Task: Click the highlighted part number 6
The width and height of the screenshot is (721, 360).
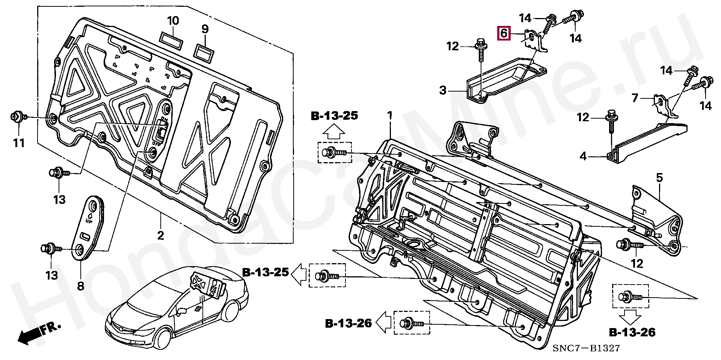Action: pos(504,33)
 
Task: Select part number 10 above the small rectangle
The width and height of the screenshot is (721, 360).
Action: pos(173,21)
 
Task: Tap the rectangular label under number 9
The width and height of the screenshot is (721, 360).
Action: pos(204,52)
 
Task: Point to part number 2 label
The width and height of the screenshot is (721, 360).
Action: pos(160,236)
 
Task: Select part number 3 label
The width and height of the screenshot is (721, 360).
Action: pos(443,90)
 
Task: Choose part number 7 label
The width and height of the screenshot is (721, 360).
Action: pos(635,98)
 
